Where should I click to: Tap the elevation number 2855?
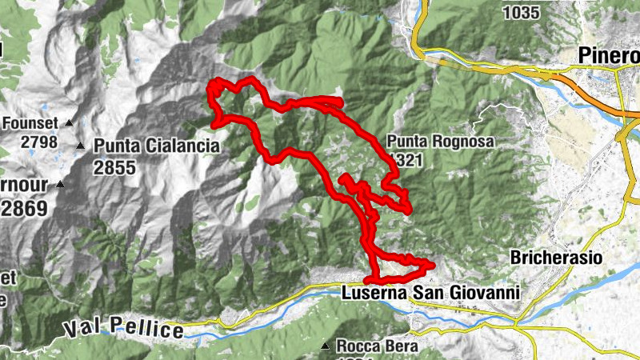pyautogui.click(x=113, y=167)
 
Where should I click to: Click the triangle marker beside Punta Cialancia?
pyautogui.click(x=80, y=146)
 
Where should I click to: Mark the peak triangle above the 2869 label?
pyautogui.click(x=59, y=184)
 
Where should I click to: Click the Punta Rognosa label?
pyautogui.click(x=442, y=142)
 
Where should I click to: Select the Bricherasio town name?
pyautogui.click(x=556, y=258)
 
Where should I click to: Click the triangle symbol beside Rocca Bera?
pyautogui.click(x=325, y=346)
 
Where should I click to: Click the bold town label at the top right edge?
pyautogui.click(x=609, y=56)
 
